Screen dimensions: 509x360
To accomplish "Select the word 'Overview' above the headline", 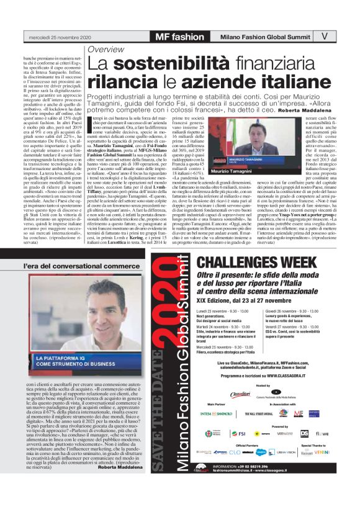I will click(106, 49).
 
